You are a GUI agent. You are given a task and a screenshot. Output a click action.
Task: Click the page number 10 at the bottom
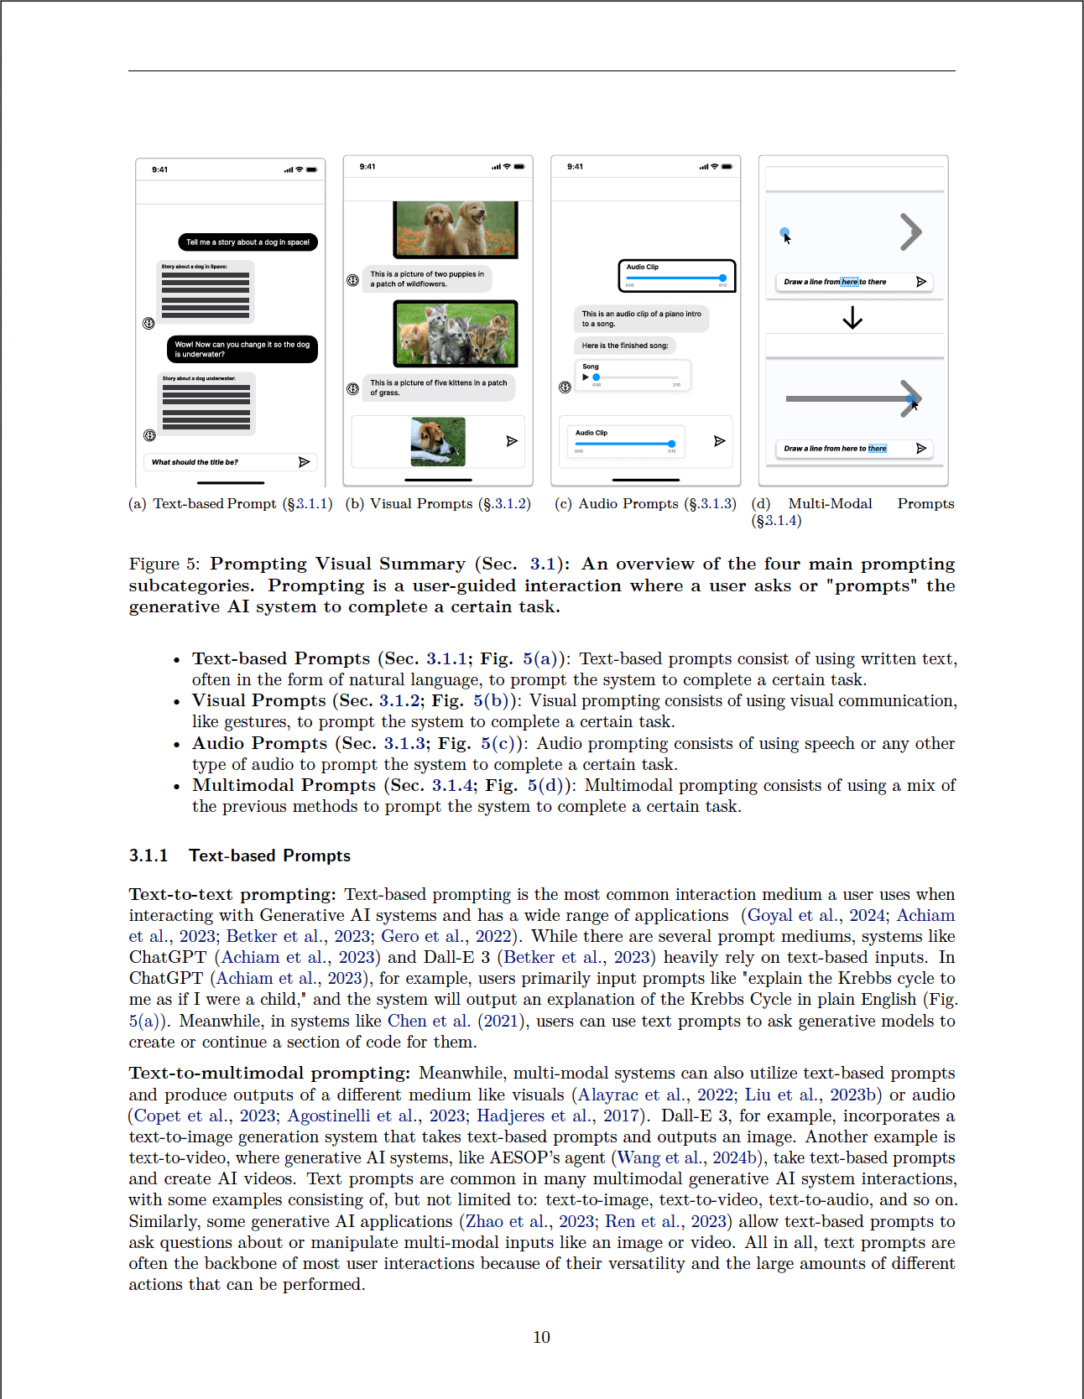coord(541,1337)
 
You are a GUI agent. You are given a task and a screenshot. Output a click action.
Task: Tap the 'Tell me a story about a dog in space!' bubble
coord(248,242)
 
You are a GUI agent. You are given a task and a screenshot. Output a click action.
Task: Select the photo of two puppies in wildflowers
coord(456,229)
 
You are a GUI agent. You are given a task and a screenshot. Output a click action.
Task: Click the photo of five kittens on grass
coord(456,333)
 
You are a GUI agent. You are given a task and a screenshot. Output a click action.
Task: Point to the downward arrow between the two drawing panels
coord(852,318)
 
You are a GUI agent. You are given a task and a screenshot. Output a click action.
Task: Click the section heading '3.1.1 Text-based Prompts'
coord(239,856)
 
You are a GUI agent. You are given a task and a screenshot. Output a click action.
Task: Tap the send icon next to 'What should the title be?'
coord(305,462)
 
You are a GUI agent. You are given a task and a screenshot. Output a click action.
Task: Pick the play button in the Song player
coord(586,377)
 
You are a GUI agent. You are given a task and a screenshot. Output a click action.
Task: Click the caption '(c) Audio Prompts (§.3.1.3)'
coord(644,503)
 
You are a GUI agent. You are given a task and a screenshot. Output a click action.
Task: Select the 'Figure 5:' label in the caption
coord(164,564)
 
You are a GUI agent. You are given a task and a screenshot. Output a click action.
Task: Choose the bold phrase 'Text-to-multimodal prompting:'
coord(269,1073)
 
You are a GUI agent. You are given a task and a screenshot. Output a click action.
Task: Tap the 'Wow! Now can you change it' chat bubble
coord(242,349)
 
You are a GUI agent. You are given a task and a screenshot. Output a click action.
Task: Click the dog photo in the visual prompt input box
coord(438,441)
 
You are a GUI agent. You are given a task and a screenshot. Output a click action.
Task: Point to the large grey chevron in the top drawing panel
coord(910,232)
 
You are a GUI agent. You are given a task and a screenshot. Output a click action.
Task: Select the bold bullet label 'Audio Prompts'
coord(259,743)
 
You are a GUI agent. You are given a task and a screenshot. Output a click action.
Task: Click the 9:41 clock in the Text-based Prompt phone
coord(159,169)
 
